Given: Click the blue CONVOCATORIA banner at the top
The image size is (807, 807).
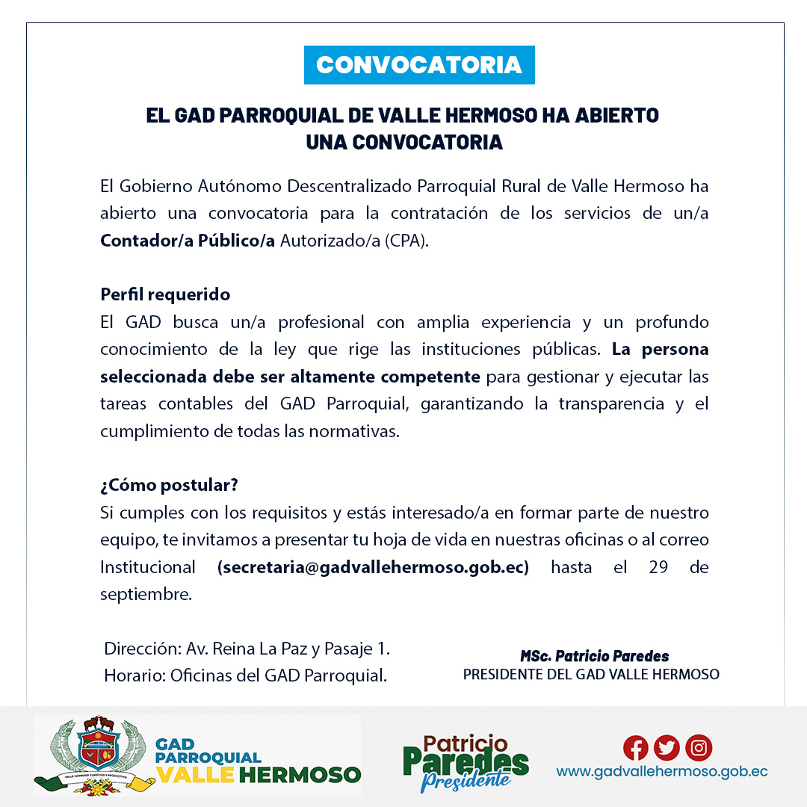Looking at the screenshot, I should point(418,65).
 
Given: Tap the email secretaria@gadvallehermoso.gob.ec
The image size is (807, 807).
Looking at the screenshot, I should point(373,567).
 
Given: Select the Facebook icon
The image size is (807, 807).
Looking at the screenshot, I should point(635,747).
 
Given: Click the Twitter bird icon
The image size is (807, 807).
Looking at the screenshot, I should point(667,747).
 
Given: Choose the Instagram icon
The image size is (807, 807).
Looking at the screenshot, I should point(699,747).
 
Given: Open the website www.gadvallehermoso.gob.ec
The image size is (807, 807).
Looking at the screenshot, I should point(661,772).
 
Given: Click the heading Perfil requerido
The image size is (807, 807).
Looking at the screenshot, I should point(165,294).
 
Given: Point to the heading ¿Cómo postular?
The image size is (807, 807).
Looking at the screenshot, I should point(169,485).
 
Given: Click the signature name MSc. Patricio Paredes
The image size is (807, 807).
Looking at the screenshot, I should point(594,656).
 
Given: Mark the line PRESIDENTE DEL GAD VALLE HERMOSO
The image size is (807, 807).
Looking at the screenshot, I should point(591,675).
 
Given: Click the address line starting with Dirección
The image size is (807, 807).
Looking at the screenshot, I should point(247,649).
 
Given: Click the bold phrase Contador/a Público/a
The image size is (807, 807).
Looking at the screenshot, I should point(188,241).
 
